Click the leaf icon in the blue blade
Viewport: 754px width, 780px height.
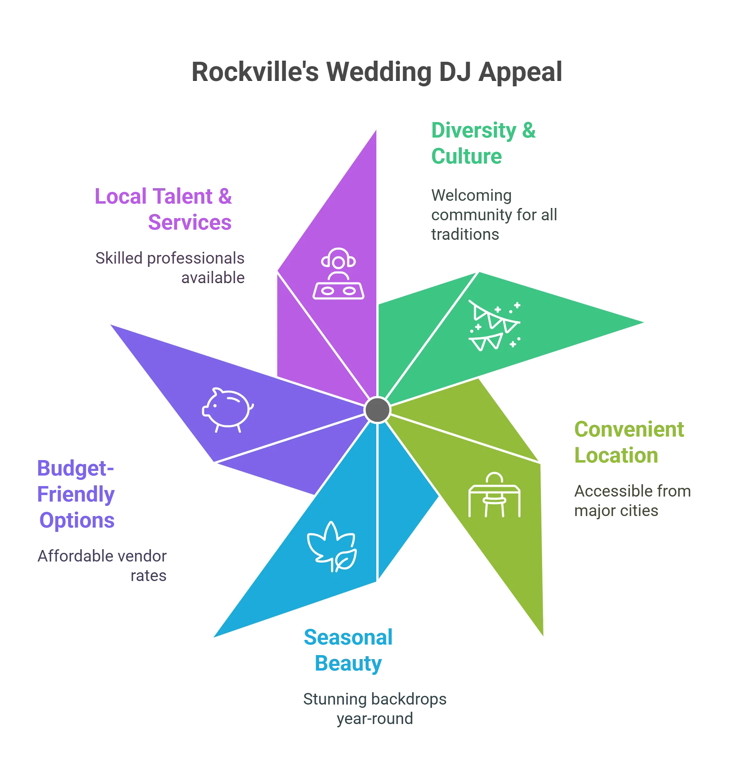pos(332,546)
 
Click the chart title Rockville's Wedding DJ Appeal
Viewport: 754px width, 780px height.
pos(376,71)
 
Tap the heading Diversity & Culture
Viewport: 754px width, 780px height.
pos(483,143)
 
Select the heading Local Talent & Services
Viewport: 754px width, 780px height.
pos(164,209)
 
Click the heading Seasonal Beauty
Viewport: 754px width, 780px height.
pos(348,650)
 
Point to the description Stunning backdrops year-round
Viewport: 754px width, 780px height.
pos(375,708)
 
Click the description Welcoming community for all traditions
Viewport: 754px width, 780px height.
pos(494,215)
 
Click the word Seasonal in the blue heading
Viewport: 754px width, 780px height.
pos(348,637)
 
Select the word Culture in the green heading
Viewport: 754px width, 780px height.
pos(466,156)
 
